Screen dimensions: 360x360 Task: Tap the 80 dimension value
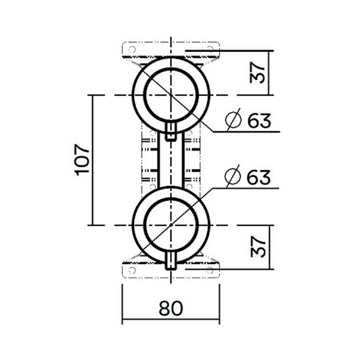coord(171,309)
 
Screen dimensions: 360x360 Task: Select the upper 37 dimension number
coord(258,73)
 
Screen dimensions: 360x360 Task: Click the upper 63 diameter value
coord(259,121)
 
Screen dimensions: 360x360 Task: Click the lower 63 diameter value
coord(259,177)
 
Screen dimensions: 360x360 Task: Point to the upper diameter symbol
coord(233,120)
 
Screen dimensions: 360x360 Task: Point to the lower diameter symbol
coord(233,176)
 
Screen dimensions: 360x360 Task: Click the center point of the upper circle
coord(171,95)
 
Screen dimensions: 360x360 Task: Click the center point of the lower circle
coord(171,225)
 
